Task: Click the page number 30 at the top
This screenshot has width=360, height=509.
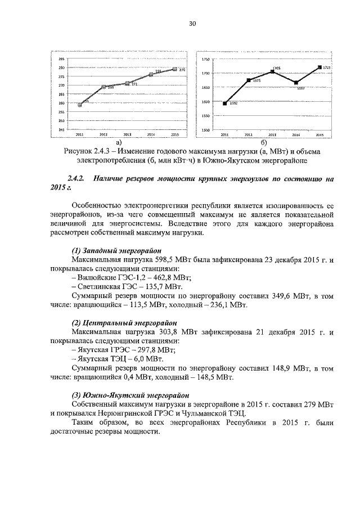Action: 192,24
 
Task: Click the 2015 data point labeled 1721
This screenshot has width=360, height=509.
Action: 319,67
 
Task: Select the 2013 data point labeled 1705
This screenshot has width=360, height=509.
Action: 272,71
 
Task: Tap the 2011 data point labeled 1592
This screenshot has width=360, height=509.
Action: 225,103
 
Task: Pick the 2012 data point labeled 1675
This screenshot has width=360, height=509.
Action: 249,80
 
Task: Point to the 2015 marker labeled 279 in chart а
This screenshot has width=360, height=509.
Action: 175,69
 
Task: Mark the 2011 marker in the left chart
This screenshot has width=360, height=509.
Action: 80,105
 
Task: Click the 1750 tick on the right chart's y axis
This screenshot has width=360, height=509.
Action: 206,59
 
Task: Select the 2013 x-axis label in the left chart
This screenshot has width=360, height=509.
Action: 128,135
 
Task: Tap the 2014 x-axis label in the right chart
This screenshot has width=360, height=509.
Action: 296,135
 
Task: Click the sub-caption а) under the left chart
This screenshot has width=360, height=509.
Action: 119,143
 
